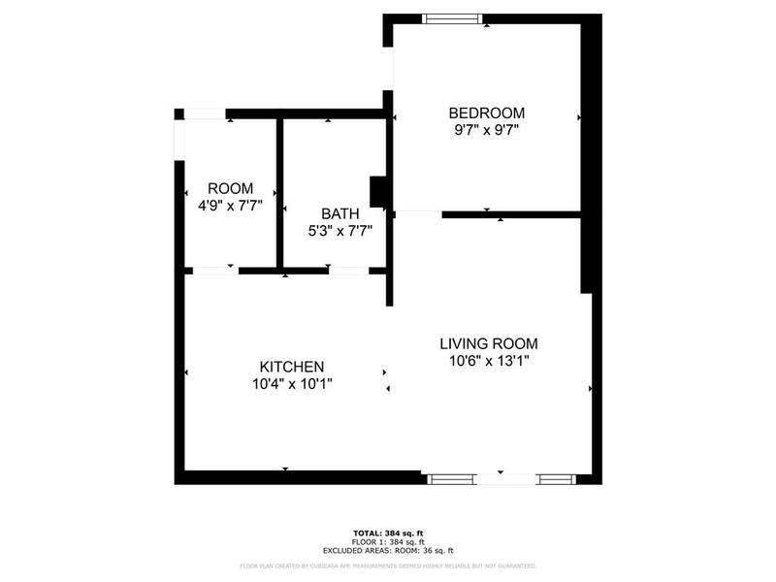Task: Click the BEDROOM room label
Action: pos(486,112)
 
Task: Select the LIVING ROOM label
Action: pos(488,343)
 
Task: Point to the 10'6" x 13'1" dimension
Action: pos(488,361)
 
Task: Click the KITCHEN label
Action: pos(291,367)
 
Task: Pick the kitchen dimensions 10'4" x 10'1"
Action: pos(291,384)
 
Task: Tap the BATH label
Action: pos(339,213)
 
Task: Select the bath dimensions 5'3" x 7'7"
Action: pos(339,231)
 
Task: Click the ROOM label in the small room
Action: pos(230,188)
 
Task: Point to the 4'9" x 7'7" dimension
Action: pos(230,206)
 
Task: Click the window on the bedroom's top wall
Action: pos(453,17)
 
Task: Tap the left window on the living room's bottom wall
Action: pos(451,478)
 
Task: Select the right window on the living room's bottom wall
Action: pos(557,478)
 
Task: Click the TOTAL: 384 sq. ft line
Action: pos(388,533)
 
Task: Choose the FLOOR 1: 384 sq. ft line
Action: pos(388,541)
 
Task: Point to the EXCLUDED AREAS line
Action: pos(388,550)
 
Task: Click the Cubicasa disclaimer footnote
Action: pos(388,566)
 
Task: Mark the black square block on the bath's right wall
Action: pos(380,191)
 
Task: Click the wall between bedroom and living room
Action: pos(511,213)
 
